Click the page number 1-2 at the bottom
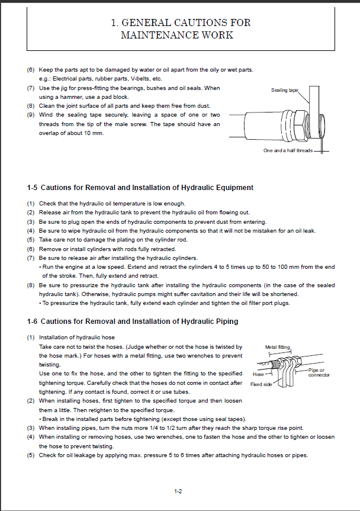click(178, 491)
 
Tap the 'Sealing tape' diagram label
click(284, 90)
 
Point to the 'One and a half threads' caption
click(288, 151)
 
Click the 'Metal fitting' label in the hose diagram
click(278, 348)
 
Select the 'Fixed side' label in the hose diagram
click(261, 384)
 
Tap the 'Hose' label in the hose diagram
click(258, 374)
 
